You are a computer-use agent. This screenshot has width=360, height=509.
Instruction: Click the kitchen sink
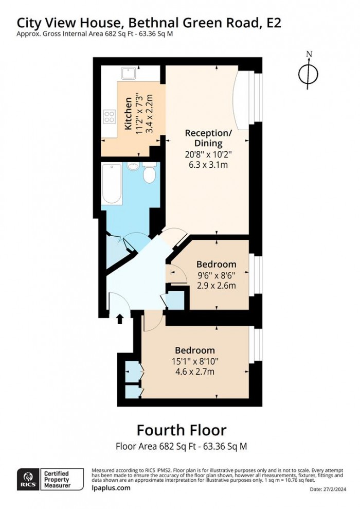[x=130, y=73]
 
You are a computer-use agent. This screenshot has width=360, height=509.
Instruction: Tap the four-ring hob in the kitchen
[x=110, y=117]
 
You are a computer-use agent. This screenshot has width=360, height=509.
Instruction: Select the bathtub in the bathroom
[x=112, y=184]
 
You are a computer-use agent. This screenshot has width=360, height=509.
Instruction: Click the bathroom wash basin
[x=133, y=166]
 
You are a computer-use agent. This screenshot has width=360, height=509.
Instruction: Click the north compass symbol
[x=309, y=73]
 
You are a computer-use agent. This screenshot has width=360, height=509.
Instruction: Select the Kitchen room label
[x=129, y=114]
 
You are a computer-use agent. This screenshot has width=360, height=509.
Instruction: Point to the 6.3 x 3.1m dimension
[x=208, y=165]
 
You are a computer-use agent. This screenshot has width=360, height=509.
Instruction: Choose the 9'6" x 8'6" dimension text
[x=217, y=275]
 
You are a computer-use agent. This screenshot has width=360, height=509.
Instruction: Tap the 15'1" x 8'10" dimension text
[x=195, y=361]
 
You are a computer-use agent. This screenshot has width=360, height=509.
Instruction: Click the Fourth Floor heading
[x=182, y=430]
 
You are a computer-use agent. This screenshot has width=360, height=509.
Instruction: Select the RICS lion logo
[x=28, y=479]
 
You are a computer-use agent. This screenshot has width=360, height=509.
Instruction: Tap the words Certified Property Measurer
[x=57, y=480]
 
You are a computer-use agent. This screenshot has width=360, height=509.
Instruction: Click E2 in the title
[x=274, y=23]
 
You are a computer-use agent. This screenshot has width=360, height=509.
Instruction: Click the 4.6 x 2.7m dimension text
[x=195, y=372]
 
